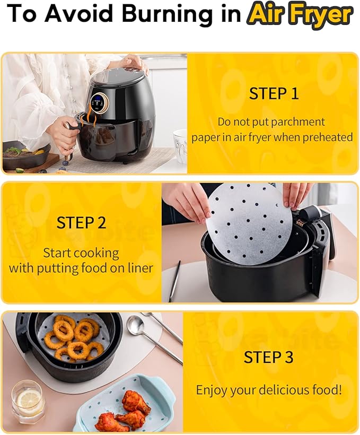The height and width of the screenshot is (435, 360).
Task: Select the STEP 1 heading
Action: pyautogui.click(x=274, y=93)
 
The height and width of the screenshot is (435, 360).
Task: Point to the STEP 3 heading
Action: pyautogui.click(x=268, y=357)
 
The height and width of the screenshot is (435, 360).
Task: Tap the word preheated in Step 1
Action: pyautogui.click(x=327, y=137)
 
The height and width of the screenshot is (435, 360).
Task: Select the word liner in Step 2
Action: pyautogui.click(x=138, y=268)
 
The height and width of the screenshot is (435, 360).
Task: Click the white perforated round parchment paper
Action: pyautogui.click(x=249, y=223)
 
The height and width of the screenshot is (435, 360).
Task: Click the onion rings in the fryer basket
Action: pyautogui.click(x=72, y=336)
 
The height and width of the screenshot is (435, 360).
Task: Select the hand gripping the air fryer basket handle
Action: pyautogui.click(x=63, y=133)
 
